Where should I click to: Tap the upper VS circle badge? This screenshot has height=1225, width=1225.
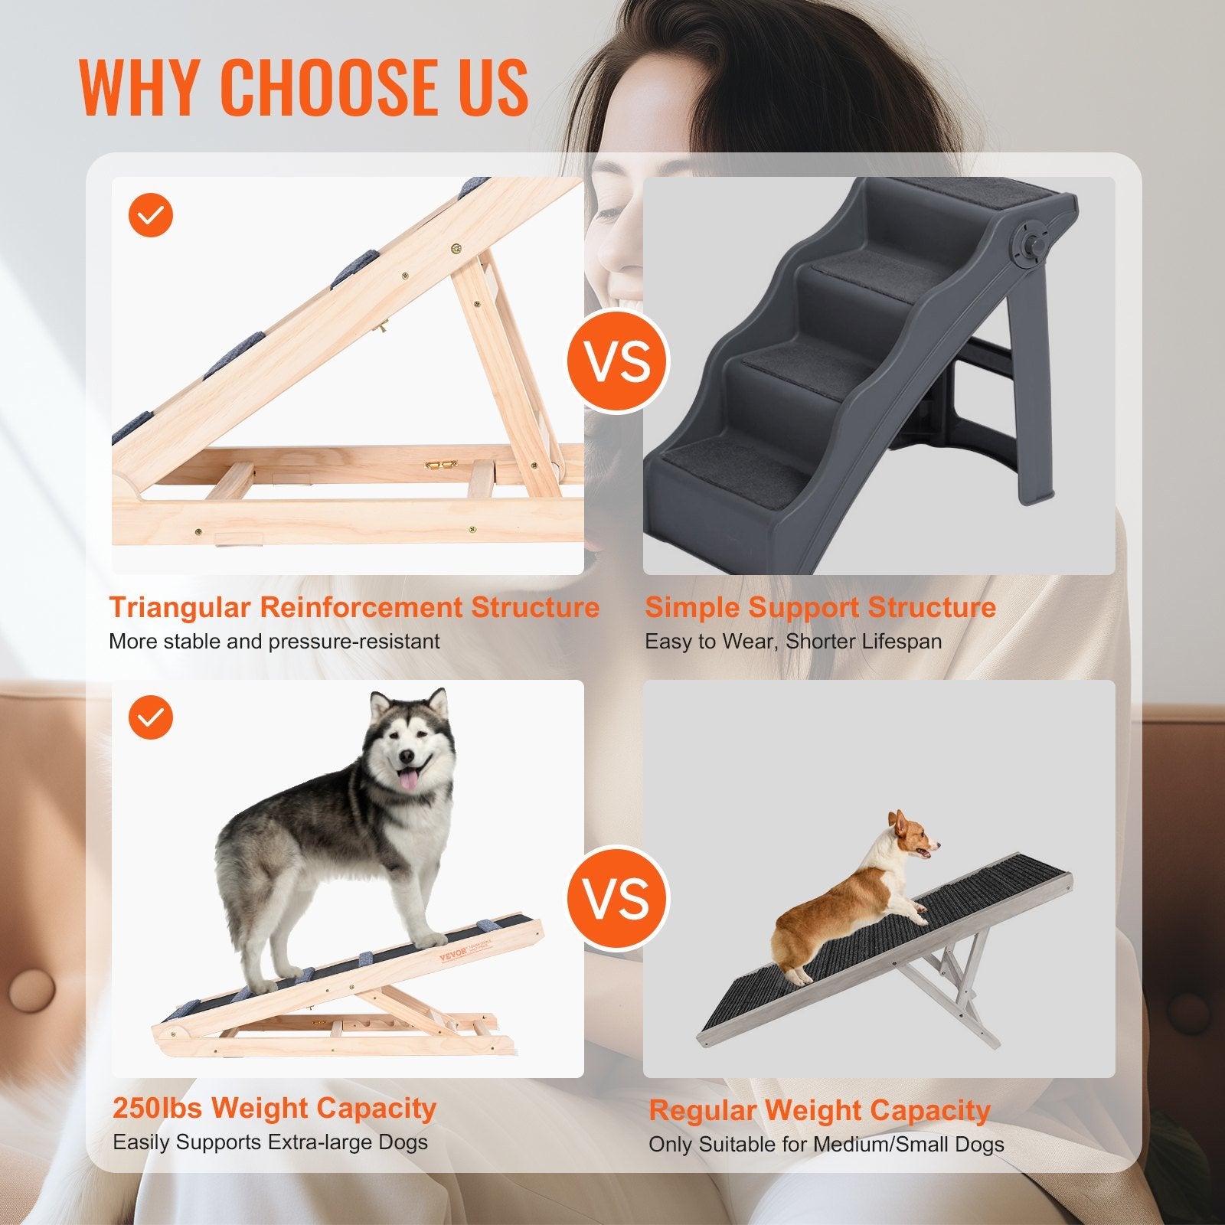(x=618, y=362)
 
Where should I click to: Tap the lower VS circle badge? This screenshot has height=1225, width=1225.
(x=618, y=898)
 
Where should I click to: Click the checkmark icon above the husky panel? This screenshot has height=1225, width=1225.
(x=151, y=717)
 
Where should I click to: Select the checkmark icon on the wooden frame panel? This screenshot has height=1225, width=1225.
(x=151, y=215)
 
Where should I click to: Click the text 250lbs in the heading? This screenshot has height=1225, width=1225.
(x=158, y=1108)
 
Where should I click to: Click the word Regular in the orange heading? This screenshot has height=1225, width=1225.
(x=702, y=1110)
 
